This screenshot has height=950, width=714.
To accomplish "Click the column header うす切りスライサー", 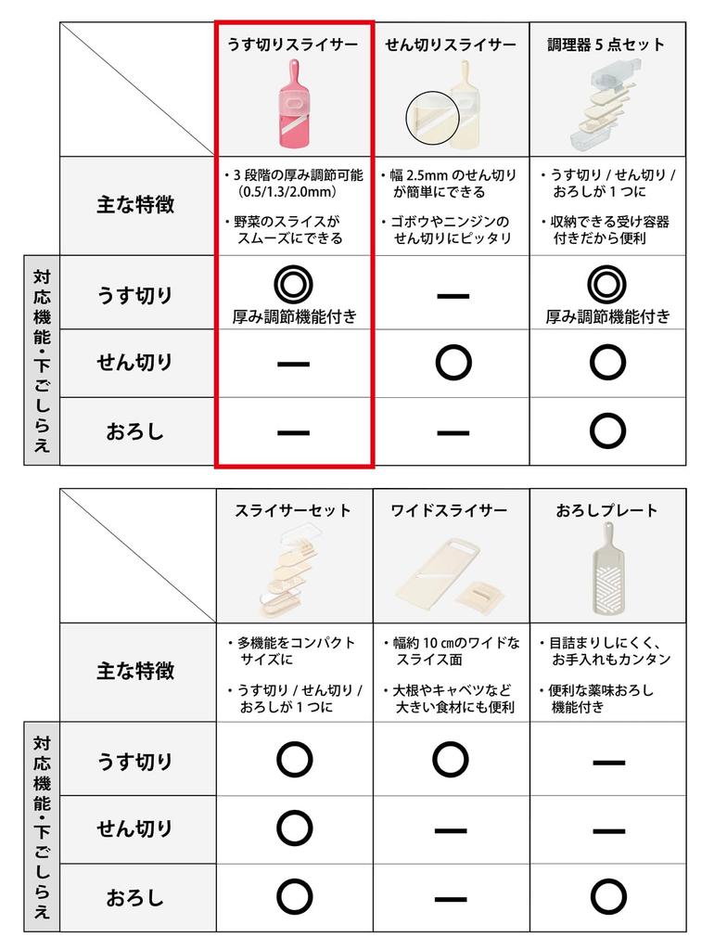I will tap(293, 45).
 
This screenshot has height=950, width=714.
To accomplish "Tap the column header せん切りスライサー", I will tap(451, 45).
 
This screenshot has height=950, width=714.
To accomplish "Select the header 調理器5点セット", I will tap(606, 45).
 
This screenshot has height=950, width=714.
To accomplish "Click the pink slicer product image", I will tap(293, 105).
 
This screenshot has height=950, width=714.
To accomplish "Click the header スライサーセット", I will tap(293, 510).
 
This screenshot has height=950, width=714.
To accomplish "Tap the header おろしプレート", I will tap(606, 510).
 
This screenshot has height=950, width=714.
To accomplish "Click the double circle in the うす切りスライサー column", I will tap(293, 282).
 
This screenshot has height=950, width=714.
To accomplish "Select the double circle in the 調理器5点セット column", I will tap(606, 282).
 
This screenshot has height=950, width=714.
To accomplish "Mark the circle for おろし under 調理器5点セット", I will tap(606, 430).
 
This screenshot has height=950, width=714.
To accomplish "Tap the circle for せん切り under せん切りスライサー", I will tap(451, 363).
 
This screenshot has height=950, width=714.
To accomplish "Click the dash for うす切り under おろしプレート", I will tap(606, 762).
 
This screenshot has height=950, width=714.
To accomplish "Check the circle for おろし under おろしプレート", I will tap(606, 896).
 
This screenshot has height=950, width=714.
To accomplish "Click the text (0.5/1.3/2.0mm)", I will tap(287, 192).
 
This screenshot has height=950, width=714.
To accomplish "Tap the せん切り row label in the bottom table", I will tap(135, 828).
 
